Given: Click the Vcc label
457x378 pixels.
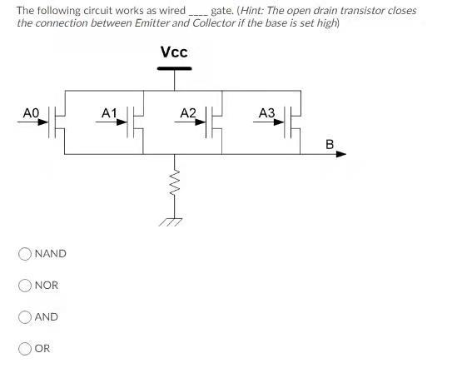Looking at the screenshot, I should (174, 52).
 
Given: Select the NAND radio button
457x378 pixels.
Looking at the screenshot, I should (26, 253).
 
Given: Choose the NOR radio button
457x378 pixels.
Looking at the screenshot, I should (26, 285).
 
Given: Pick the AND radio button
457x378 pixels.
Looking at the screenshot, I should (26, 316).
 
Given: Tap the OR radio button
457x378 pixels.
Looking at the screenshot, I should (26, 348).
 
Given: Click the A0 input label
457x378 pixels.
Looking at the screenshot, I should (31, 112).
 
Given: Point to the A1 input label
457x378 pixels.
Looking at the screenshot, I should (109, 112).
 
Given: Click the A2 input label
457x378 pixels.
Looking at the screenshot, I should (188, 112).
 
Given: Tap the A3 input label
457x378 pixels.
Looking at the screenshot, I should (266, 112).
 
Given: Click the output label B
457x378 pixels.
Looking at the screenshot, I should (330, 144).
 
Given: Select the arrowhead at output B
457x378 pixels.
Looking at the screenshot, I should (341, 155).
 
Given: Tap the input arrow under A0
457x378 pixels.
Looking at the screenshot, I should (33, 122).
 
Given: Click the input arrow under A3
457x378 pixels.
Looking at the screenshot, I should (270, 122).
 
